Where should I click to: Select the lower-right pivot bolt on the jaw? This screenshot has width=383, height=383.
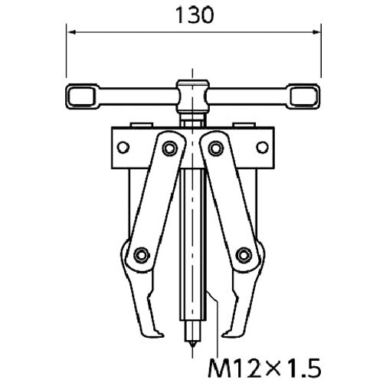tap(243, 254)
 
